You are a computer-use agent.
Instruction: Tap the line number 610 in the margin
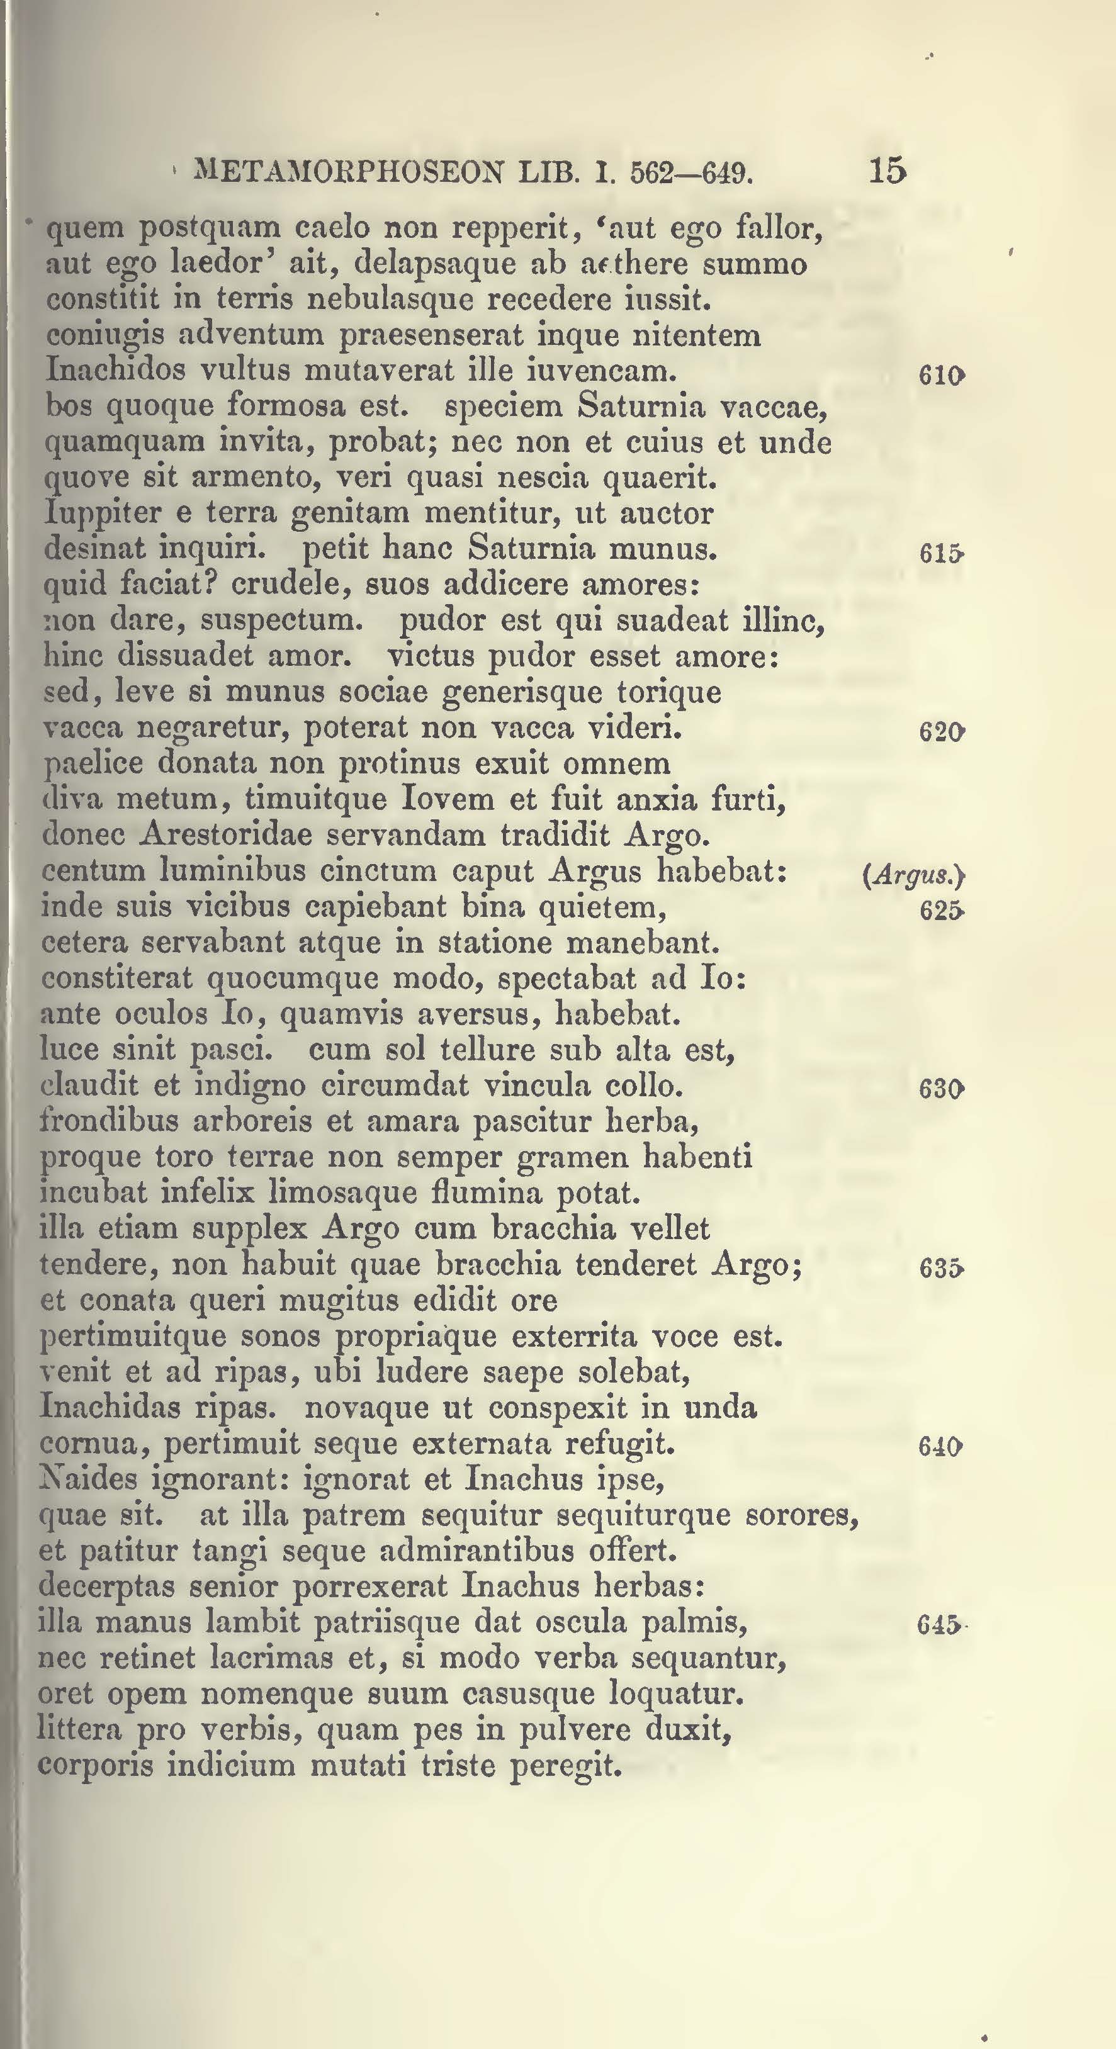941,376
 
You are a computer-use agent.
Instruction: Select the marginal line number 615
941,554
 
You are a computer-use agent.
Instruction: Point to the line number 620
941,732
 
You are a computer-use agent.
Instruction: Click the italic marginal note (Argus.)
913,876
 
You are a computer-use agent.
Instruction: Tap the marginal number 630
941,1089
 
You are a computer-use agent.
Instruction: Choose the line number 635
941,1268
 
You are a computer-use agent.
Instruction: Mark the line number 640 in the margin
941,1446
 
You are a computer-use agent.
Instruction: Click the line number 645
939,1624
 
